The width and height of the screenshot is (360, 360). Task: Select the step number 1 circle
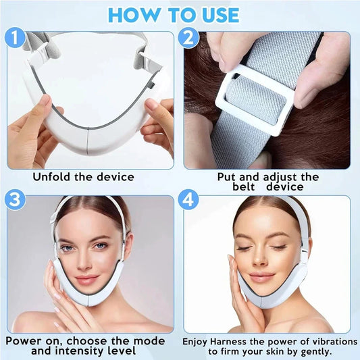(x=15, y=38)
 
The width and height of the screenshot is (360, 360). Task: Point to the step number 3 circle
(x=15, y=201)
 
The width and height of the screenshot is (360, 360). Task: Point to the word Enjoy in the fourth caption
(x=198, y=342)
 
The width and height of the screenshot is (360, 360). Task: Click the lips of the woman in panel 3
(x=88, y=280)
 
